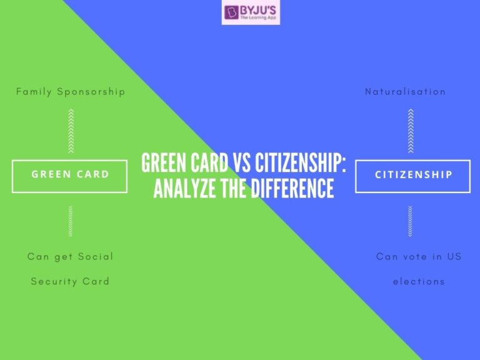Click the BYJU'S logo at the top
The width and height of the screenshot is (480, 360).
pos(251,13)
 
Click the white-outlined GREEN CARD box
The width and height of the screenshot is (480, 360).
pos(70,175)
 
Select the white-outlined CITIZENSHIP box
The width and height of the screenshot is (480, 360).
pos(413,175)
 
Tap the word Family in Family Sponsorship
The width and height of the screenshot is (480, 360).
pos(34,92)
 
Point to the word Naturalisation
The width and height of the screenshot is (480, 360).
pos(406,92)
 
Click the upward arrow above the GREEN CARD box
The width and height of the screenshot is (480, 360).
pos(71,129)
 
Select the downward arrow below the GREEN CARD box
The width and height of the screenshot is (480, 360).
pos(71,220)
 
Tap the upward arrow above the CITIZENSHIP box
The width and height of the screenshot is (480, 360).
pos(411,129)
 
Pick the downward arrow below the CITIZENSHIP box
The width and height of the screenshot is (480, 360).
pos(411,220)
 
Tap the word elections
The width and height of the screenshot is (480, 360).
pos(419,281)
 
